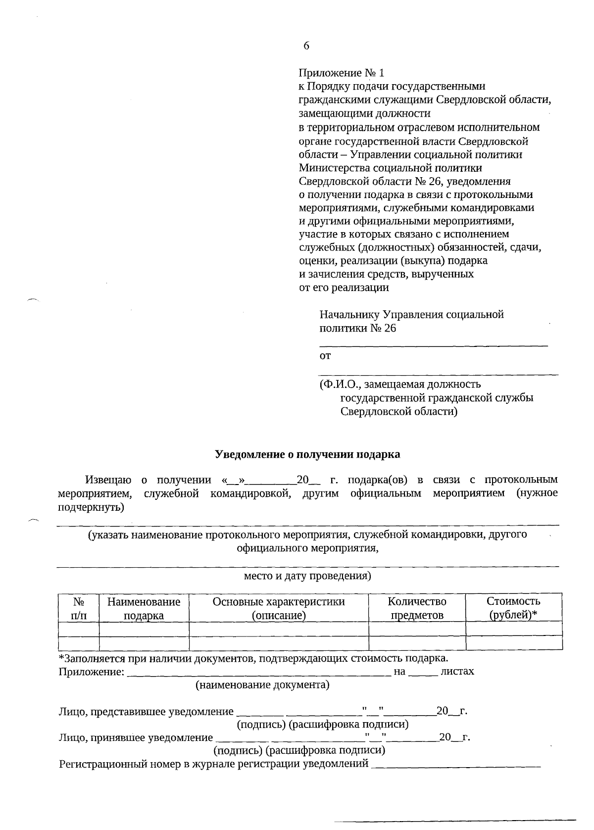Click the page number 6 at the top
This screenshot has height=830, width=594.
[x=306, y=46]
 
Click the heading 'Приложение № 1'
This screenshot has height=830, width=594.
[x=341, y=73]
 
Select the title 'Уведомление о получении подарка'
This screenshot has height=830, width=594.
[x=307, y=454]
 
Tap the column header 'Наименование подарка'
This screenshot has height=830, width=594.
[x=144, y=608]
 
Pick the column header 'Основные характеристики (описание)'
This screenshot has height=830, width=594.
[x=279, y=608]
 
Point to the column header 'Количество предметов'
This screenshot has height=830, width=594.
[x=417, y=608]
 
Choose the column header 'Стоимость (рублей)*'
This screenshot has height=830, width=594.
[x=513, y=608]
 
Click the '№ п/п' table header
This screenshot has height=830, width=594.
[x=78, y=608]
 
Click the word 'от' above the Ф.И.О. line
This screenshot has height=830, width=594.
[x=325, y=355]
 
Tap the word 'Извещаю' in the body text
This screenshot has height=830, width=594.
[x=108, y=480]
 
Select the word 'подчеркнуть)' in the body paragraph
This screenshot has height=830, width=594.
[x=91, y=507]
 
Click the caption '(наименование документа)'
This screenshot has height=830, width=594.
[x=262, y=685]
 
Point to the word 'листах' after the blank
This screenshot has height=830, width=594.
[x=457, y=671]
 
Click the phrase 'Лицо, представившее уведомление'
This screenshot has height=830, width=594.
[x=146, y=712]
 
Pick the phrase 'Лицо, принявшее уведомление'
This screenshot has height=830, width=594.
[x=136, y=738]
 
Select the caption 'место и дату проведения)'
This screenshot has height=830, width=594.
[x=307, y=576]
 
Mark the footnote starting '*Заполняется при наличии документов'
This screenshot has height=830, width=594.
[x=253, y=658]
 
